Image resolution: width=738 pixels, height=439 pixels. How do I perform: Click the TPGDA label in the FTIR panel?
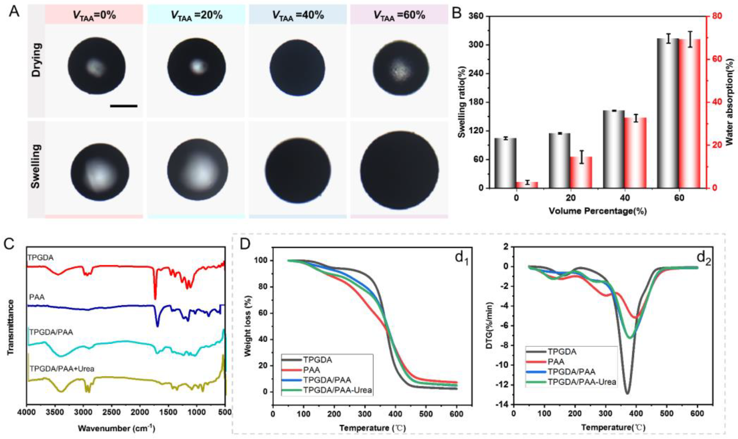pos(41,258)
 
